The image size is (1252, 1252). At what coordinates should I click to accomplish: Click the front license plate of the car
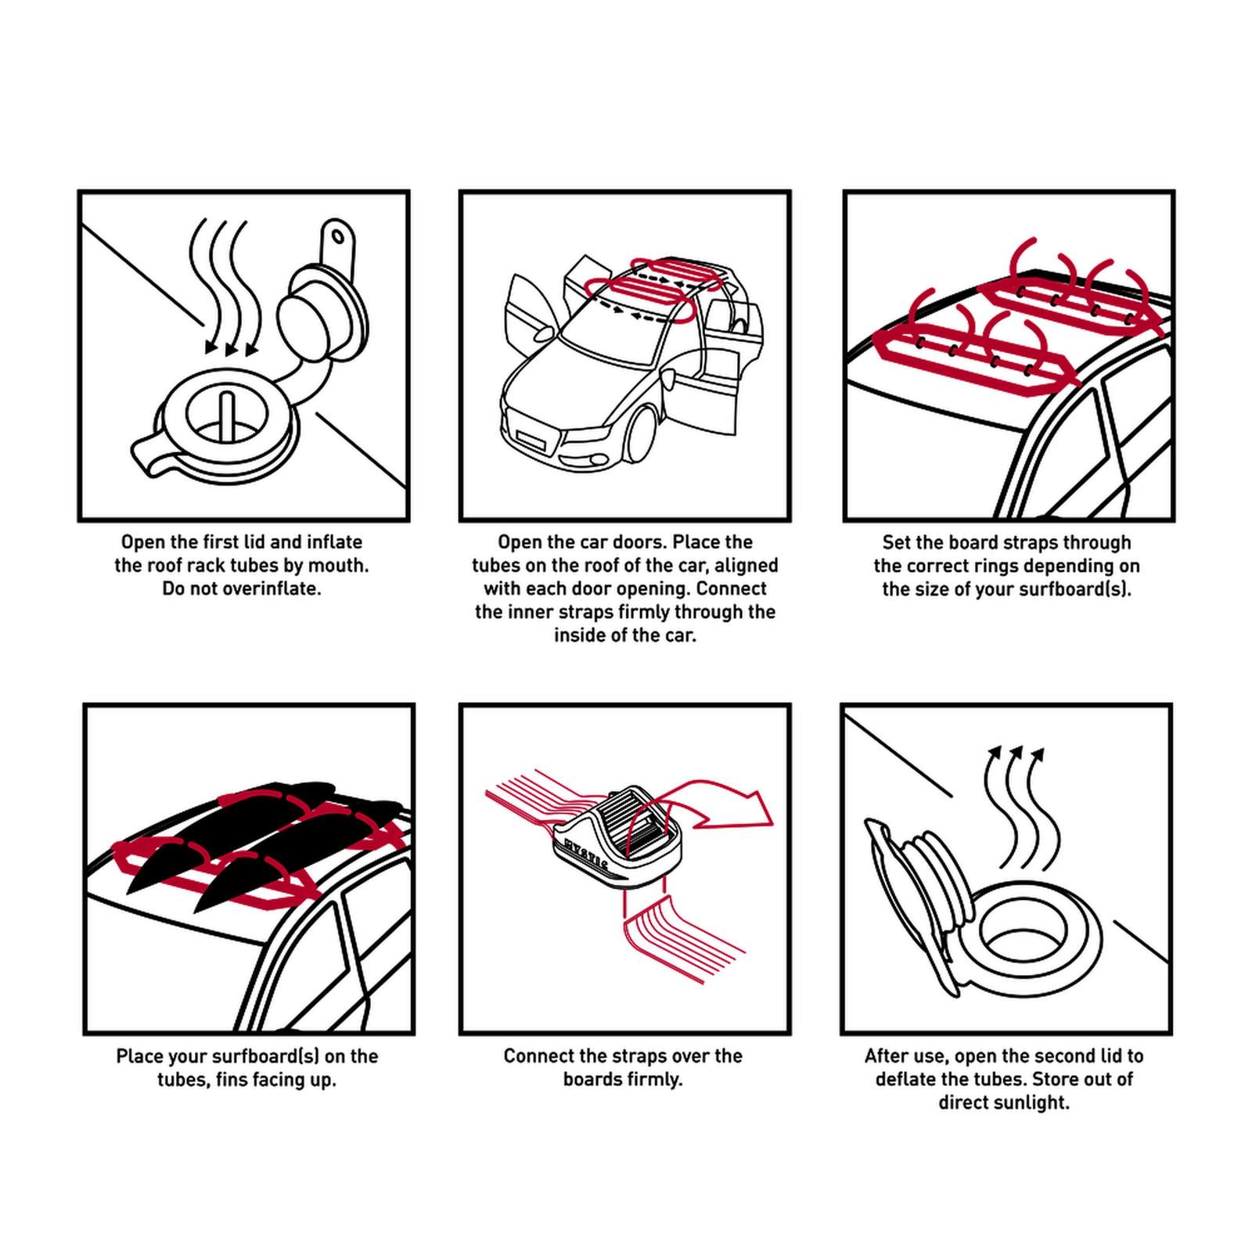coord(530,437)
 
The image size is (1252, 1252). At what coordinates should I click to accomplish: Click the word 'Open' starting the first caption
coord(142,542)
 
